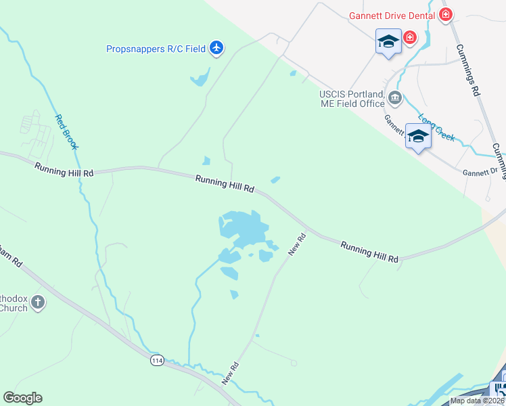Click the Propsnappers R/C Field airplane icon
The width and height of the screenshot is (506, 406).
click(x=216, y=48)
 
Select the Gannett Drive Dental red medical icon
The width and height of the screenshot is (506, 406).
click(x=446, y=14)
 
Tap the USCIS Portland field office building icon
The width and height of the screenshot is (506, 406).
click(x=395, y=99)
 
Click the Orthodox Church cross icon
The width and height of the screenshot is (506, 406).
click(x=38, y=303)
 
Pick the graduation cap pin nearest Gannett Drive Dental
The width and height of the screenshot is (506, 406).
click(x=388, y=43)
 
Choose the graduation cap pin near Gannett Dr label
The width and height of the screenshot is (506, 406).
click(x=418, y=137)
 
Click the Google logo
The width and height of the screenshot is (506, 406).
click(x=22, y=398)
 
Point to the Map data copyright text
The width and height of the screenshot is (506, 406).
click(x=477, y=401)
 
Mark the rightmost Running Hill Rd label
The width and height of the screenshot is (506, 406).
click(x=369, y=251)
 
